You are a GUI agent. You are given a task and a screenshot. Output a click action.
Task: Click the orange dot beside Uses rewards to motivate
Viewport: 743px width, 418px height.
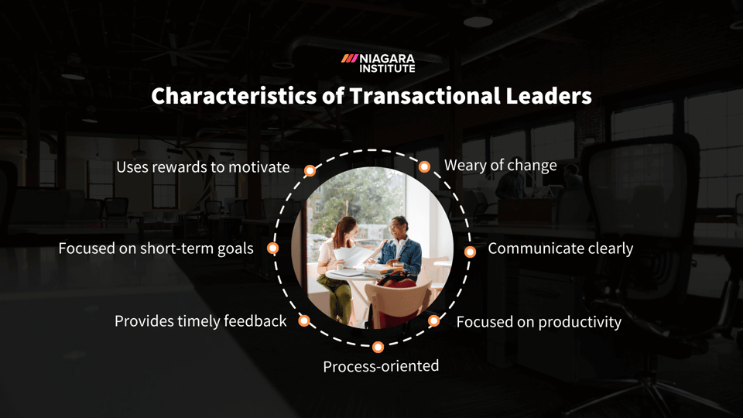pyautogui.click(x=310, y=170)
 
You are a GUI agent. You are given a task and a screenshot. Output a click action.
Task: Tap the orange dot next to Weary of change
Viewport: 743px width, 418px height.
pyautogui.click(x=424, y=166)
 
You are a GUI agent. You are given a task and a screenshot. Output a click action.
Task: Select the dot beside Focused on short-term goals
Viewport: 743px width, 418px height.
pyautogui.click(x=272, y=248)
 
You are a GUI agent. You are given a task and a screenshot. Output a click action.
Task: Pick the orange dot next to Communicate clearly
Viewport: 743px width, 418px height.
pyautogui.click(x=469, y=252)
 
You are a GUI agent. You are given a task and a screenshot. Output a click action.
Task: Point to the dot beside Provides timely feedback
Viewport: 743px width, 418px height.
pyautogui.click(x=304, y=320)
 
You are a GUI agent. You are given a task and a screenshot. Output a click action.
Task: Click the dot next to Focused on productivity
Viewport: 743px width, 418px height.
pyautogui.click(x=434, y=320)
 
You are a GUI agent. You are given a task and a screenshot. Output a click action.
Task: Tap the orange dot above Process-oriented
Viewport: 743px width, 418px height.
pyautogui.click(x=378, y=348)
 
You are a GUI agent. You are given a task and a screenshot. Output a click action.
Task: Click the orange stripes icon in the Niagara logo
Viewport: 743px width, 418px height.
pyautogui.click(x=349, y=58)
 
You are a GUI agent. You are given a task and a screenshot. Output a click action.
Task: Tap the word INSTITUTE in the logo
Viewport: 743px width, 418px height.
pyautogui.click(x=387, y=69)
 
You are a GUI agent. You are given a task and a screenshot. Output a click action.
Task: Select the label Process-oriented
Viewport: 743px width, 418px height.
pyautogui.click(x=381, y=365)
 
